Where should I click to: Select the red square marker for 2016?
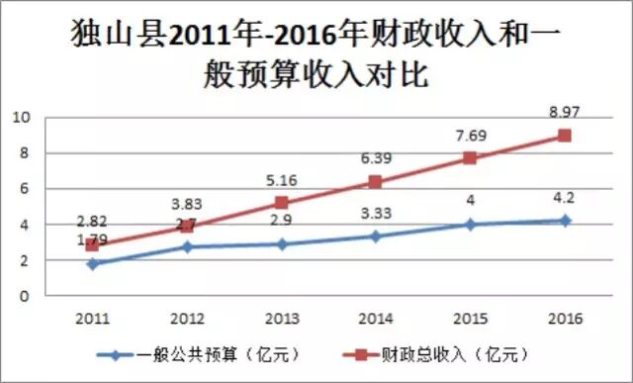click(x=565, y=136)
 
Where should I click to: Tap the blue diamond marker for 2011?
click(x=92, y=264)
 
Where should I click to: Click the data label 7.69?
click(x=470, y=136)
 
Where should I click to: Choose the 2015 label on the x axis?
click(x=470, y=318)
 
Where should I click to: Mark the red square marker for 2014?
click(x=375, y=181)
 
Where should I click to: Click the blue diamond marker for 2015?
click(x=470, y=225)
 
